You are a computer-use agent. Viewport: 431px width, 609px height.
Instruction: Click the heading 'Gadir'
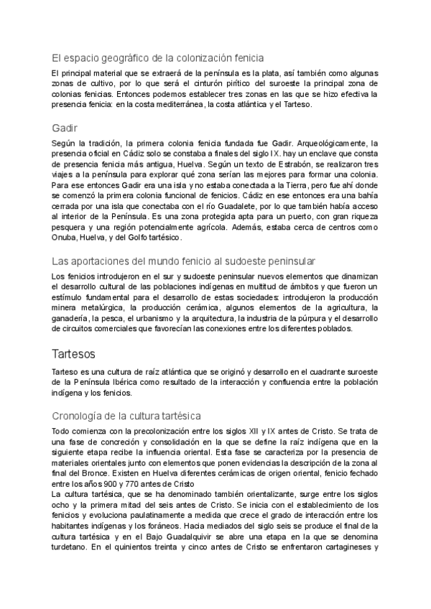tap(65, 127)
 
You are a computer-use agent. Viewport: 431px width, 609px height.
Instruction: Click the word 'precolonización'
tap(126, 430)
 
